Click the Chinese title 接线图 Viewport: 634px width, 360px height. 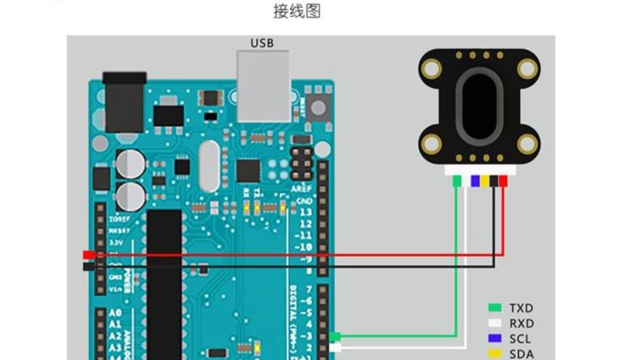tap(297, 12)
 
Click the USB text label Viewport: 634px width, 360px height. tap(262, 42)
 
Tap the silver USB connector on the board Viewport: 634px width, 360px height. tap(262, 85)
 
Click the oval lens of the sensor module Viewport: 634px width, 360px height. tap(479, 107)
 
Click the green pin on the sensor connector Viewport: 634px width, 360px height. tap(457, 180)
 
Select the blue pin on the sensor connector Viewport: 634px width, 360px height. tap(475, 180)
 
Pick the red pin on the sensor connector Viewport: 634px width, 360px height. tap(503, 180)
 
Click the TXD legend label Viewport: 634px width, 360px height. tap(522, 308)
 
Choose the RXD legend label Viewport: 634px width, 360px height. tap(522, 324)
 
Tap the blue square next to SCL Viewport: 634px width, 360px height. tap(496, 338)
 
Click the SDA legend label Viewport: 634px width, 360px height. tap(522, 353)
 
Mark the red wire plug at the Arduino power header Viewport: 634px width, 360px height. tap(89, 254)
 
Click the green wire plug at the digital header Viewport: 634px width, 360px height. tap(335, 337)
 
